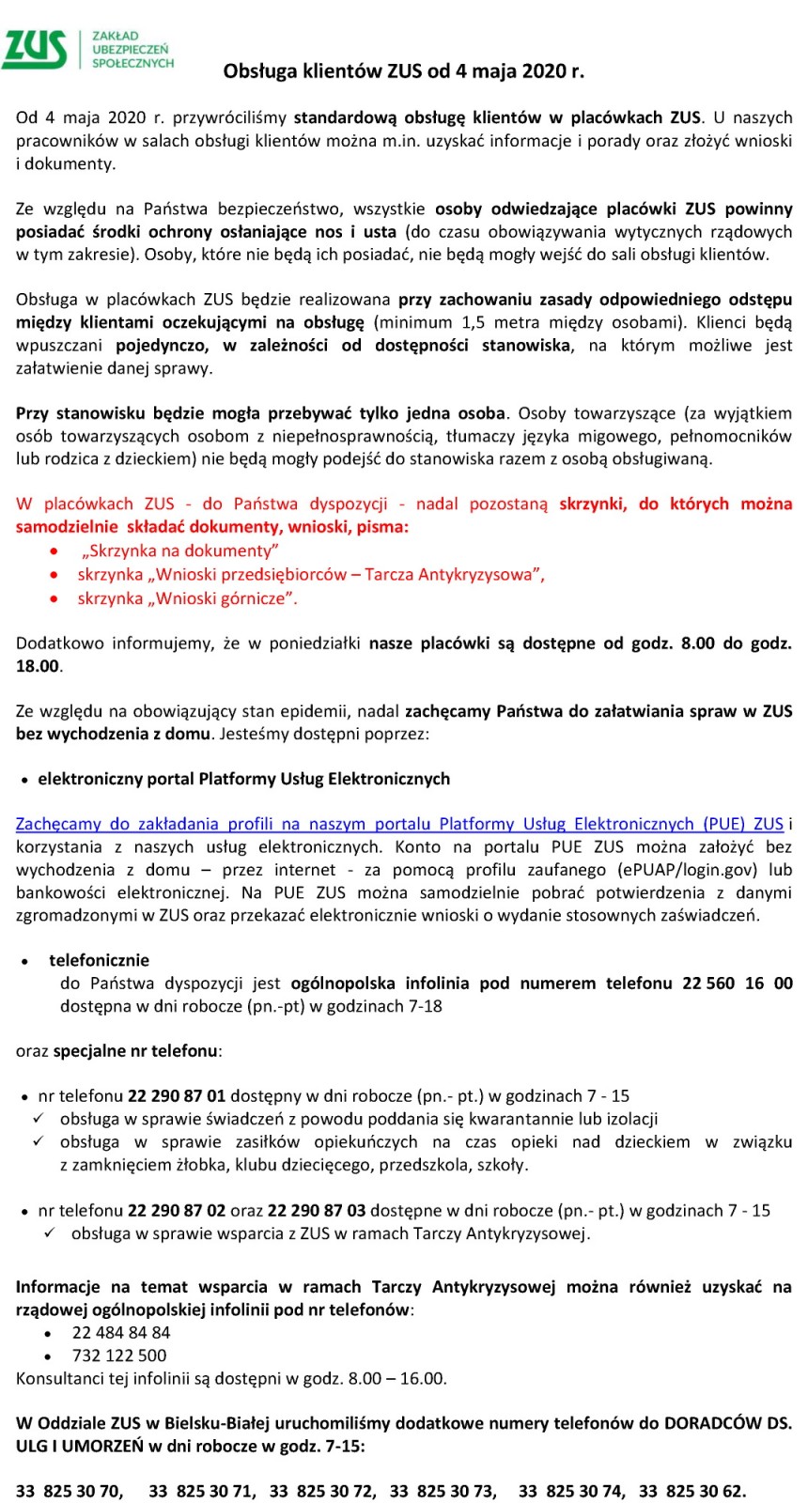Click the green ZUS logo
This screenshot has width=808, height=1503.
36,49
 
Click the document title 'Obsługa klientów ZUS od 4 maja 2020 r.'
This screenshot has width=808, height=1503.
403,71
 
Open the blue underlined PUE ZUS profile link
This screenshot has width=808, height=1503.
399,824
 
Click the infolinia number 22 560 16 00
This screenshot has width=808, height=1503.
737,983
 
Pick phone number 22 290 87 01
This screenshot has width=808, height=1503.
177,1095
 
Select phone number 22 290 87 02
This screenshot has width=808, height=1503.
177,1210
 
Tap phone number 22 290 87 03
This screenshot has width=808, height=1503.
317,1210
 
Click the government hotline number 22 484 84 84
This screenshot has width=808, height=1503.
121,1332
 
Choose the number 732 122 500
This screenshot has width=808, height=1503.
119,1356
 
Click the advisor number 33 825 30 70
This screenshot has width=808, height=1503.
69,1491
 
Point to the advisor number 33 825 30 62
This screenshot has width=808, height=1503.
691,1491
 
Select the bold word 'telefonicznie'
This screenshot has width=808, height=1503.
100,960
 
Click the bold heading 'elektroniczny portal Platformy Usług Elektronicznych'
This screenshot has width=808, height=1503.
243,779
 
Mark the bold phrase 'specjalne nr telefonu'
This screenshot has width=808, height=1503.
135,1050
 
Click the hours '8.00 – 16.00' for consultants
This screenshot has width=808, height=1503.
396,1378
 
